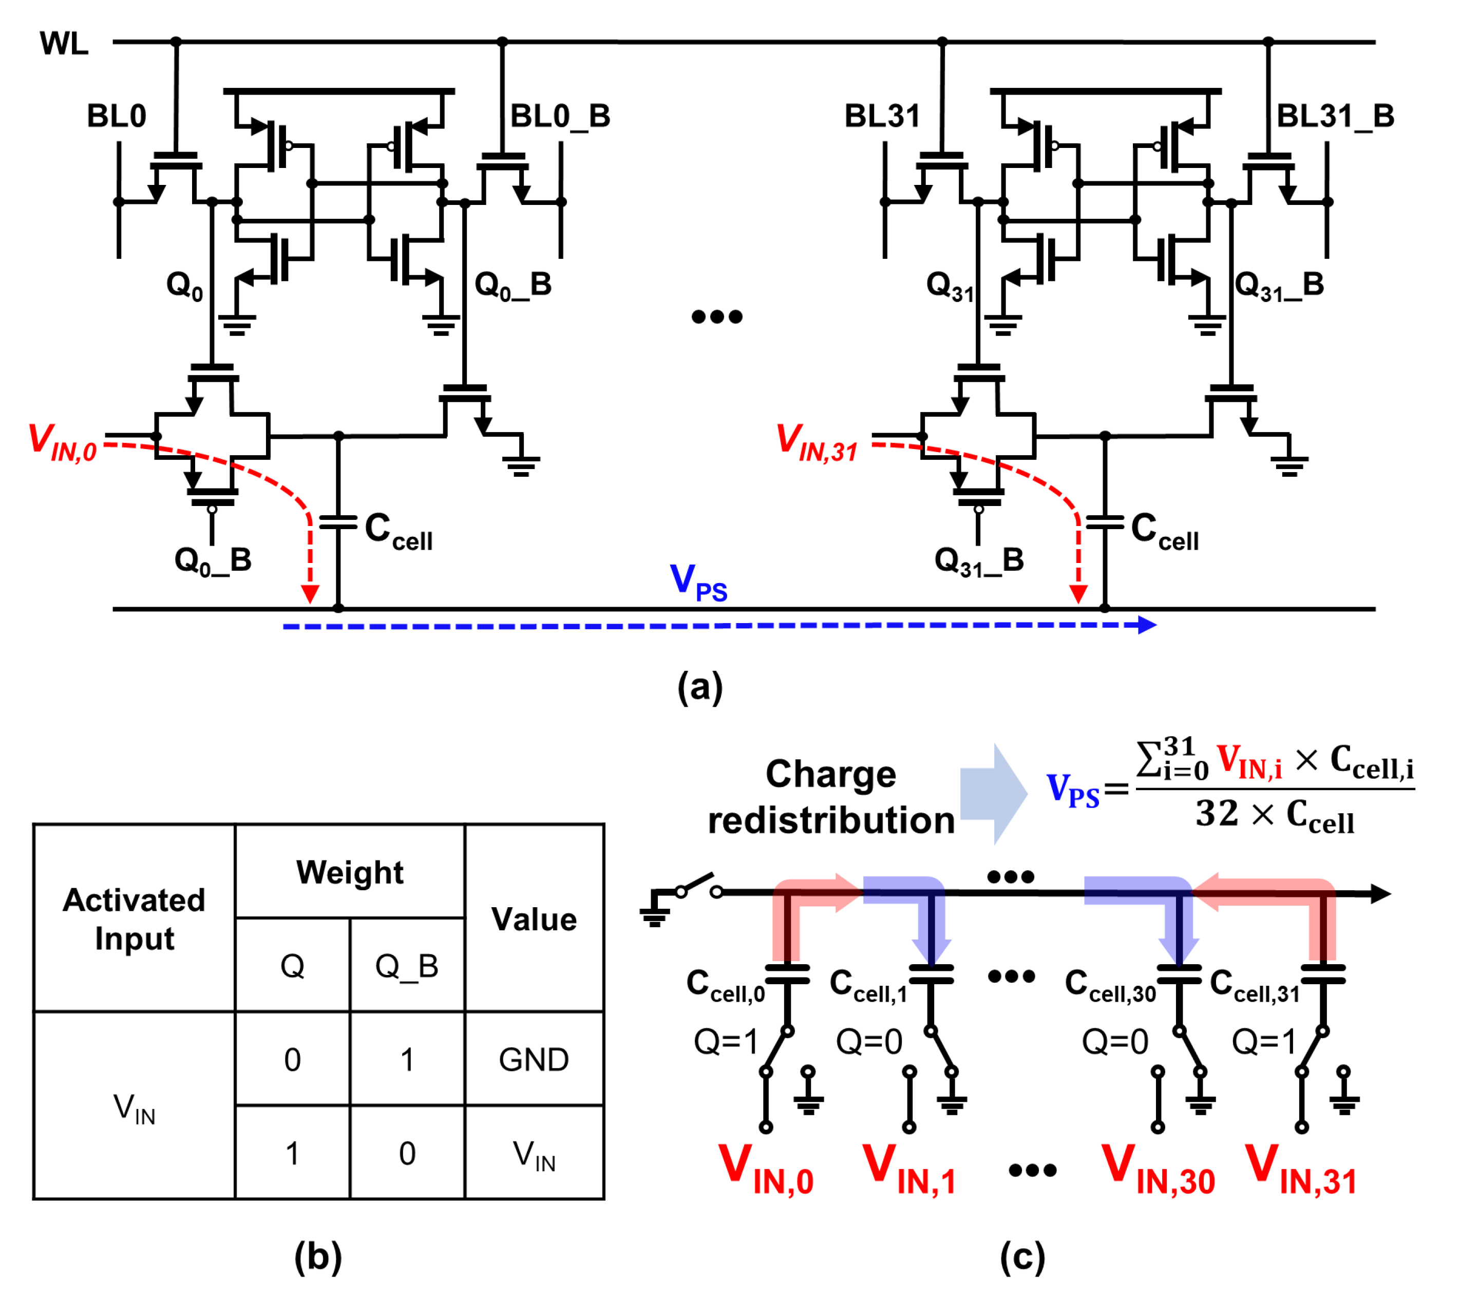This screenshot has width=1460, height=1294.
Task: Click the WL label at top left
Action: [x=64, y=44]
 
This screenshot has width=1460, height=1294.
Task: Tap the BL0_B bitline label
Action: [x=560, y=116]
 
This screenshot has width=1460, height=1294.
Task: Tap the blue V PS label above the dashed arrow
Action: [x=698, y=582]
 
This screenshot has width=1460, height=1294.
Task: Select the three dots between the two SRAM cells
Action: [x=716, y=316]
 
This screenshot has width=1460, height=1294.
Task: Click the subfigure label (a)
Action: [x=700, y=687]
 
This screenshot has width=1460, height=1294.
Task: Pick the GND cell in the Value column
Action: [x=534, y=1060]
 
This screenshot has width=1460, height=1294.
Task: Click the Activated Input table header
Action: [x=134, y=919]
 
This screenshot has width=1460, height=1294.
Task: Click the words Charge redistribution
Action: [x=831, y=797]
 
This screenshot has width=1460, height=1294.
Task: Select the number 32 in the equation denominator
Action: [x=1217, y=813]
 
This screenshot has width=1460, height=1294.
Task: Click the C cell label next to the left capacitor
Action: [x=398, y=531]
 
